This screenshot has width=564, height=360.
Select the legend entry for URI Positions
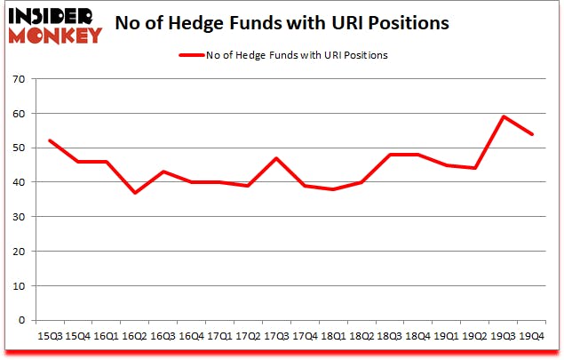pyautogui.click(x=283, y=55)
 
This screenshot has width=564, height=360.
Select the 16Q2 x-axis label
pyautogui.click(x=134, y=336)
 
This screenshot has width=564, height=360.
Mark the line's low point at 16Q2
pyautogui.click(x=135, y=193)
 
